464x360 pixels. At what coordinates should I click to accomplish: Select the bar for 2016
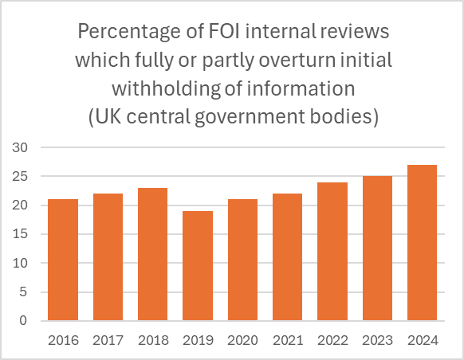(x=63, y=260)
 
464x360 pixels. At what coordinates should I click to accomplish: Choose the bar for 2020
(x=242, y=260)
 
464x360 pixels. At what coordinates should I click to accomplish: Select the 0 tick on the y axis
(x=23, y=321)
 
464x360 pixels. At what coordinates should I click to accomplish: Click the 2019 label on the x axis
(x=197, y=340)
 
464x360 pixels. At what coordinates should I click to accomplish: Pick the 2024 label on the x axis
(x=421, y=340)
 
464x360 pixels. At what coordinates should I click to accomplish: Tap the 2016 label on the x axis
(x=63, y=340)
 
